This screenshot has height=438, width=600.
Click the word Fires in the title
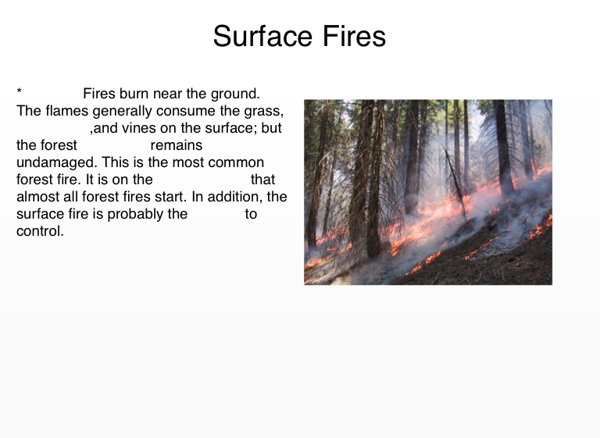354,36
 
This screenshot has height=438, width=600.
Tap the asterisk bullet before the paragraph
19,91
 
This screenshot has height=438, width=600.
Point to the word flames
67,111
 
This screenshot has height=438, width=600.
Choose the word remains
177,145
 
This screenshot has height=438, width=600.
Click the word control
38,231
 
